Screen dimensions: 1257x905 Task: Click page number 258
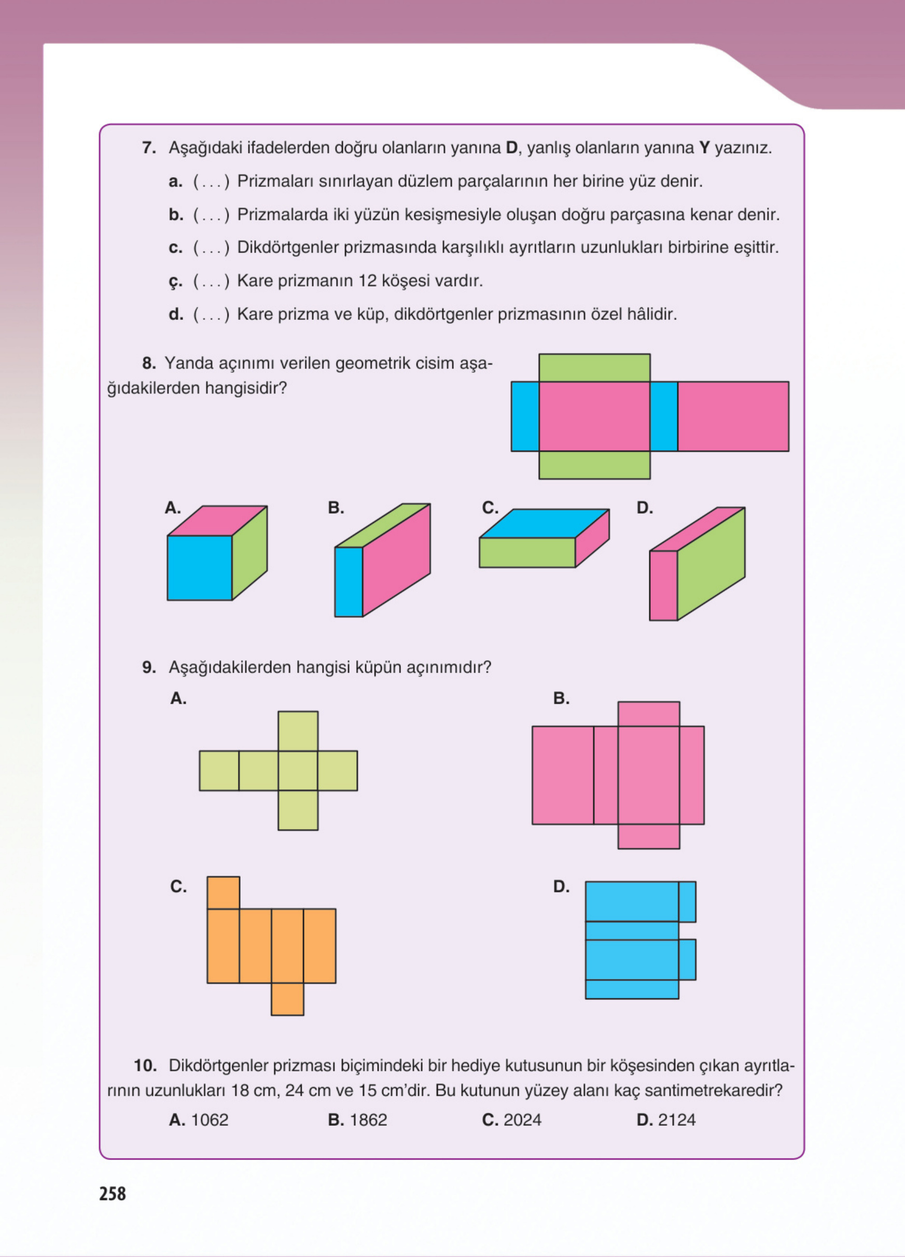pos(113,1194)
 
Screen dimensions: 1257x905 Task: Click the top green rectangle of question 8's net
pos(594,368)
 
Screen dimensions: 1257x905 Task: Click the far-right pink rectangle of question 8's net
pos(733,416)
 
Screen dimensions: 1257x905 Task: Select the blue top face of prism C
pos(544,523)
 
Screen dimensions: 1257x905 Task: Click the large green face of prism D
pos(711,564)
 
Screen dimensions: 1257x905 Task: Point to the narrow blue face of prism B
pos(349,582)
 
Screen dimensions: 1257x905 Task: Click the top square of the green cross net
pos(298,731)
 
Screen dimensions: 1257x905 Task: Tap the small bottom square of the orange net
pos(287,999)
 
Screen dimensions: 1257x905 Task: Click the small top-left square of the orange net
pos(224,892)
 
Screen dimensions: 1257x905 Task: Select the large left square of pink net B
pos(563,775)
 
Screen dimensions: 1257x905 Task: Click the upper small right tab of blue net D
pos(687,902)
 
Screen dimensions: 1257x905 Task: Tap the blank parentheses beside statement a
pos(211,182)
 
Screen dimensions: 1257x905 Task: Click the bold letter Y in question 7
pos(704,148)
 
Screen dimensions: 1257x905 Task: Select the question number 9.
pos(149,667)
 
